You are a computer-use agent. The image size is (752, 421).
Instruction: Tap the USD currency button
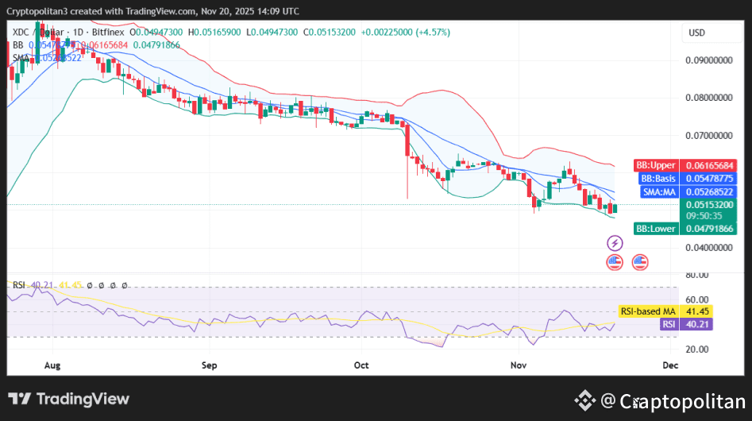coord(697,33)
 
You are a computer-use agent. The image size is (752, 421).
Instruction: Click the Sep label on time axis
coord(209,365)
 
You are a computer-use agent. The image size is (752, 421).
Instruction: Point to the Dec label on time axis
coord(669,365)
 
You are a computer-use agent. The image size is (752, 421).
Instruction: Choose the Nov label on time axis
coord(519,365)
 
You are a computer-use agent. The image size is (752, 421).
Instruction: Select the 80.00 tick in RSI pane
coord(696,275)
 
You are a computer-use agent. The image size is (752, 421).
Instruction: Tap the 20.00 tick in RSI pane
coord(696,350)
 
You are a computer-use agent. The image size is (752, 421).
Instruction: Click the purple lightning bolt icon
coord(615,242)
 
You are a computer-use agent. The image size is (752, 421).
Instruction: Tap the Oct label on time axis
coord(361,365)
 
